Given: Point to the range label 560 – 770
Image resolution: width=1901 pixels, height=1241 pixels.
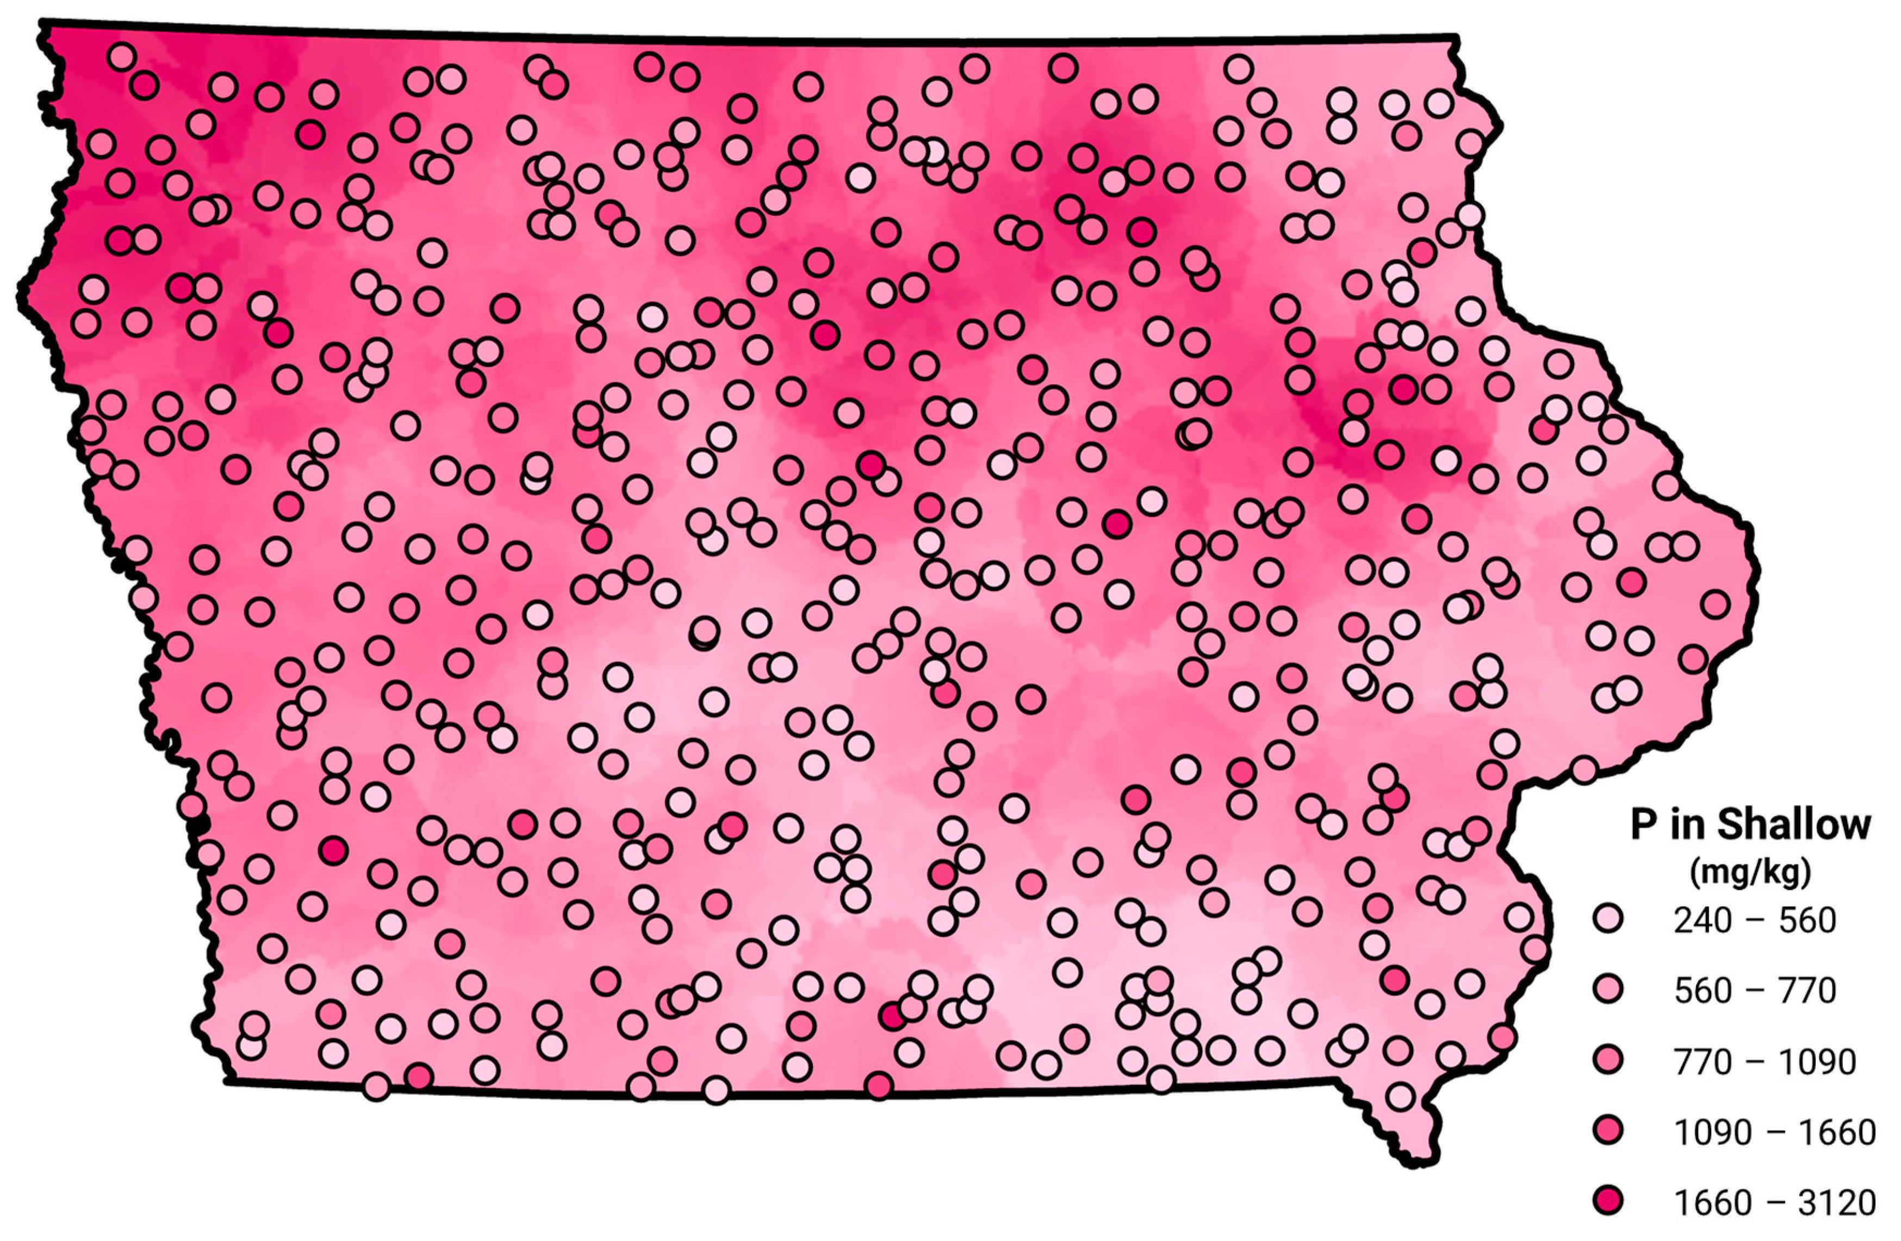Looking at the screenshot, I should [1755, 991].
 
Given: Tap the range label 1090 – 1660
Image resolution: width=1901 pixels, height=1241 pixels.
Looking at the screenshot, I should [1774, 1132].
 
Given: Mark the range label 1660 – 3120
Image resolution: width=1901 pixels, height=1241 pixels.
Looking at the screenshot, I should [1774, 1202].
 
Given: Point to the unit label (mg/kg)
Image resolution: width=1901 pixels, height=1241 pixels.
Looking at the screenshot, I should [1749, 873].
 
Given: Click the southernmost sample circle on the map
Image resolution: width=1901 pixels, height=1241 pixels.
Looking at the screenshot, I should [1400, 1096].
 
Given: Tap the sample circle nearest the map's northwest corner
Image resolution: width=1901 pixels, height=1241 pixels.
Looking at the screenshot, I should [121, 57].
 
